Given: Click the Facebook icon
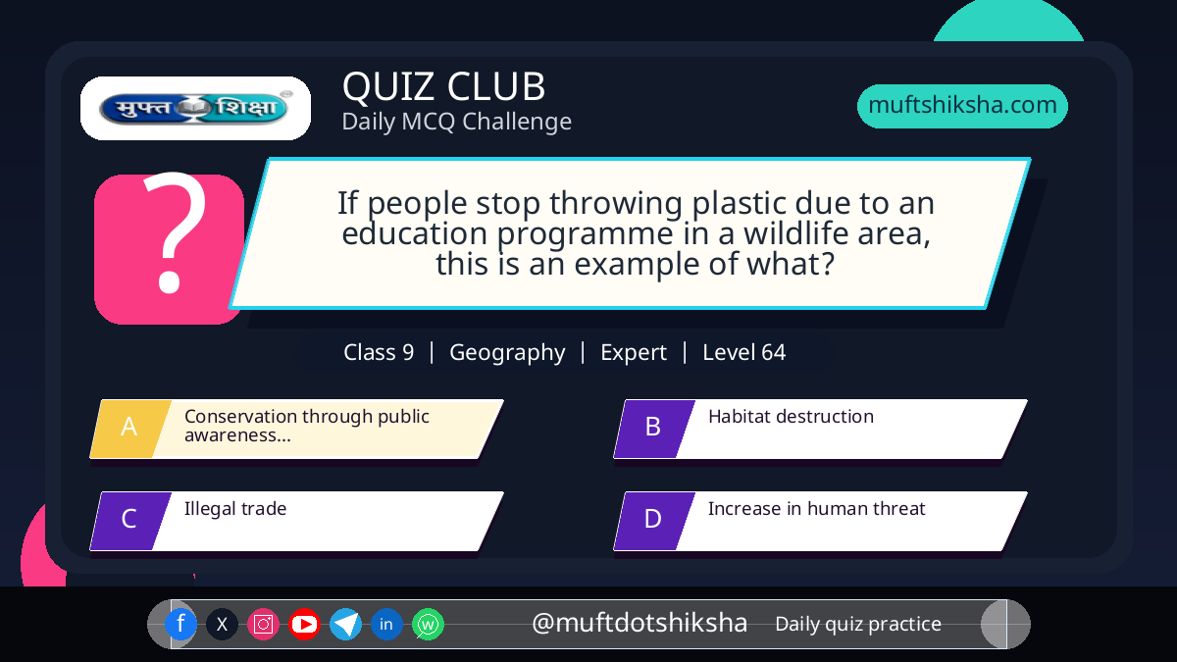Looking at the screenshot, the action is (180, 624).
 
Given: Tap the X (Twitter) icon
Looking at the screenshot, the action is (222, 624).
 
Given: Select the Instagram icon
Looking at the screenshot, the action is (263, 624).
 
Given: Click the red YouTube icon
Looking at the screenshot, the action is (304, 624).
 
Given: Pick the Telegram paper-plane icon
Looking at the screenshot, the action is (345, 624).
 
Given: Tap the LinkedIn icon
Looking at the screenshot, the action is (386, 624).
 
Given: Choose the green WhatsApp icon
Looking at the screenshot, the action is (428, 624).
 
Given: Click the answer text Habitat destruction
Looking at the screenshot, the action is (791, 416).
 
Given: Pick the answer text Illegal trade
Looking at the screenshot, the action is (235, 509).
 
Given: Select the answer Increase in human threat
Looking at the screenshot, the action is (816, 509).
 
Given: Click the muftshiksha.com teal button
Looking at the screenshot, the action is (962, 106).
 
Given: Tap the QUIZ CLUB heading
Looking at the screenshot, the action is (444, 86).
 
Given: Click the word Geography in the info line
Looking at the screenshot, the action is (507, 353).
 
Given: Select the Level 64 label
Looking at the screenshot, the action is (744, 352).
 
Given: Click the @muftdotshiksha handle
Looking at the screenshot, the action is (640, 623).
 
